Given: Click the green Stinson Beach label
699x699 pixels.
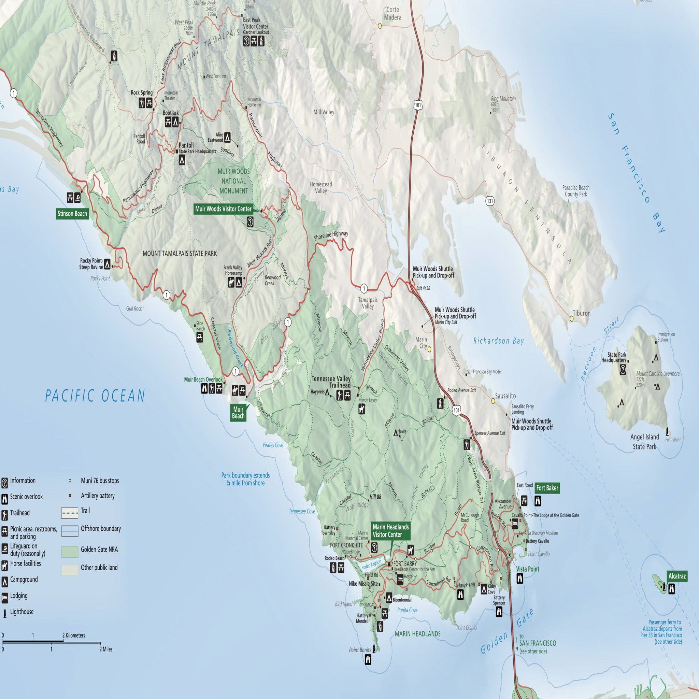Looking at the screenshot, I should point(72,213).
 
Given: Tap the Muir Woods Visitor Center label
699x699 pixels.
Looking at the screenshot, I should point(223,209).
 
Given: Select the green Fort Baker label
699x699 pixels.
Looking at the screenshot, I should point(547,488).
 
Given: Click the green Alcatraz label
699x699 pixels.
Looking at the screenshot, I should point(676,576).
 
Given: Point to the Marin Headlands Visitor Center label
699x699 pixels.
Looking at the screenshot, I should point(391,531).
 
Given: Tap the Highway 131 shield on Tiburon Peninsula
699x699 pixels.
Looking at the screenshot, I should point(489,201).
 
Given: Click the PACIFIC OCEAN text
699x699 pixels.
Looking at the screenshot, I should point(95,396).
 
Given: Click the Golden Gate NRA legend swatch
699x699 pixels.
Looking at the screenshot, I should point(70,552).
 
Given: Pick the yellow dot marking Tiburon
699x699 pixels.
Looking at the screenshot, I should point(572,319).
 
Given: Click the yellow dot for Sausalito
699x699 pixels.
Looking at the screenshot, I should point(493,401).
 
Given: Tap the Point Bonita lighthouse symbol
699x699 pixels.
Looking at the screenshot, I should point(374,650).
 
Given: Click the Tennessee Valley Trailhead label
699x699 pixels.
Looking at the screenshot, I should point(331,382).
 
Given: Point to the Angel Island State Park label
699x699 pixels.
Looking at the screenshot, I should point(644,441).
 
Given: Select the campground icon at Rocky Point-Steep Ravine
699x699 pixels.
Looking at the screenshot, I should point(107,264).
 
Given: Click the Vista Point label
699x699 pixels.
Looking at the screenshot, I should point(528,569).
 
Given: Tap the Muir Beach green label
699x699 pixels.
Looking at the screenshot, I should point(238,412).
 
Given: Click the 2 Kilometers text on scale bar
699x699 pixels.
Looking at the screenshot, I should point(73,635).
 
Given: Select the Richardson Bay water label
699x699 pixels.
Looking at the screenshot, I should point(498,341).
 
